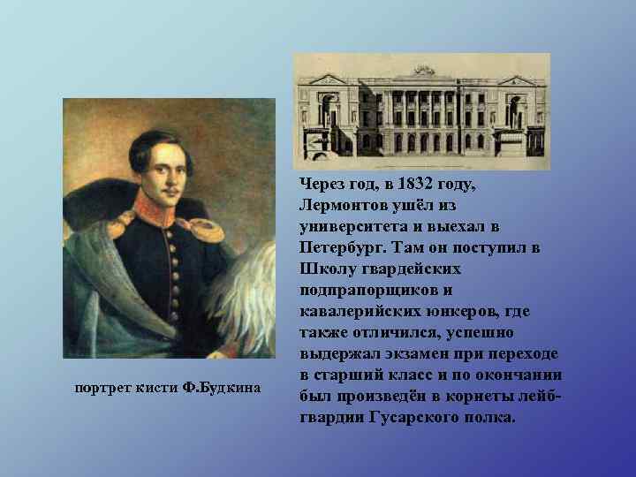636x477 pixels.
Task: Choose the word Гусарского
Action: click(393, 417)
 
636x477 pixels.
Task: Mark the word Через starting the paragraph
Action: click(321, 185)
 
